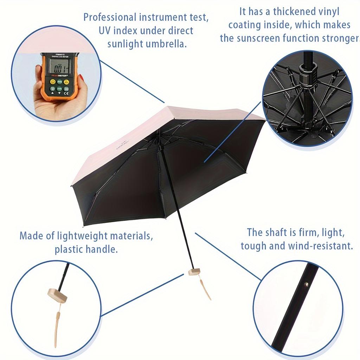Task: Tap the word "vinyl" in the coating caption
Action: (x=327, y=12)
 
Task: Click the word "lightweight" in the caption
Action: (x=86, y=236)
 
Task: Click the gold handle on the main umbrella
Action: (x=194, y=271)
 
